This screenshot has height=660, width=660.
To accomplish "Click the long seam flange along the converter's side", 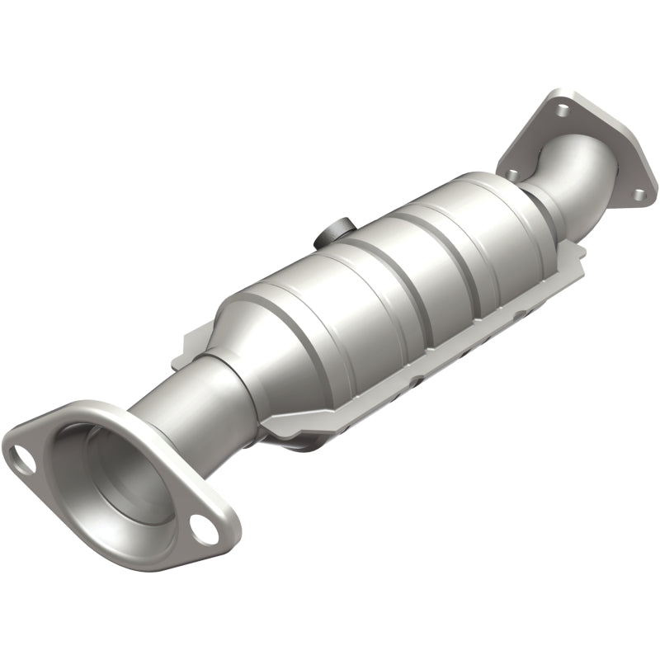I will (x=429, y=363).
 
